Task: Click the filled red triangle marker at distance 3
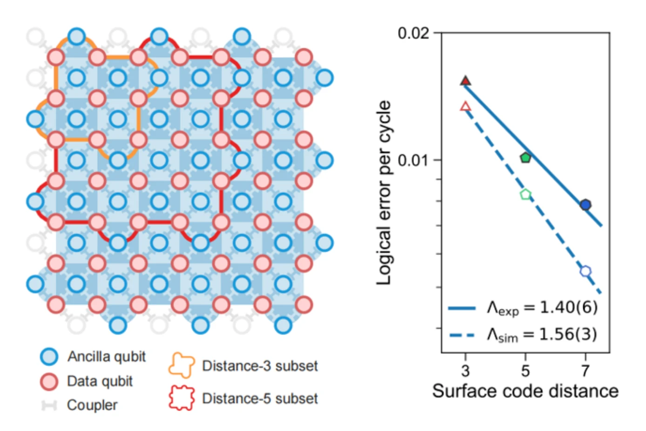pyautogui.click(x=465, y=81)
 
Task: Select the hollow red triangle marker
pyautogui.click(x=465, y=106)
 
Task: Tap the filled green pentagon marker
pyautogui.click(x=525, y=158)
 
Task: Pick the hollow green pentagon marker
pyautogui.click(x=525, y=194)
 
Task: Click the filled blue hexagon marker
pyautogui.click(x=585, y=205)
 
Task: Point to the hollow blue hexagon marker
pyautogui.click(x=585, y=271)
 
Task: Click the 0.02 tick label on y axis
pyautogui.click(x=413, y=33)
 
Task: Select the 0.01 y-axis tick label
pyautogui.click(x=413, y=160)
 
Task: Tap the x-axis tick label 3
pyautogui.click(x=465, y=371)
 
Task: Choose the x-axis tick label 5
pyautogui.click(x=525, y=371)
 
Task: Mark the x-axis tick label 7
pyautogui.click(x=585, y=371)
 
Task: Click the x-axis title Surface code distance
pyautogui.click(x=525, y=391)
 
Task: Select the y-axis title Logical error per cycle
pyautogui.click(x=384, y=192)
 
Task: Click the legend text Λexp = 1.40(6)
pyautogui.click(x=542, y=308)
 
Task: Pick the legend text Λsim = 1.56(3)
pyautogui.click(x=542, y=334)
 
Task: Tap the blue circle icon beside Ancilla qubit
pyautogui.click(x=49, y=357)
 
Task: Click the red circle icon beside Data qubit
pyautogui.click(x=49, y=381)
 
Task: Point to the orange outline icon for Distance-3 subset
pyautogui.click(x=182, y=365)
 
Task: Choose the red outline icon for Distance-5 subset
pyautogui.click(x=182, y=398)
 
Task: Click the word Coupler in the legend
pyautogui.click(x=92, y=405)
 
